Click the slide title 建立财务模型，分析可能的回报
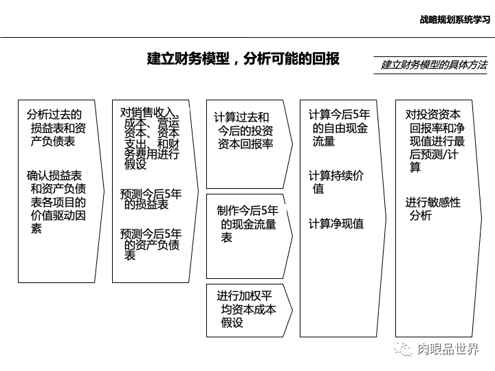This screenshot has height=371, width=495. point(243,59)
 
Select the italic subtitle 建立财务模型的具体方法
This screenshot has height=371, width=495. point(434,65)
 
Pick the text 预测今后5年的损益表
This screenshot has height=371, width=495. point(151,199)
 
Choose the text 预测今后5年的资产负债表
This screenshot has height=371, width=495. point(151,244)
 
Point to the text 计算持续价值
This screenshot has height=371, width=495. point(335,181)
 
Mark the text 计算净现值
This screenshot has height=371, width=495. point(336,223)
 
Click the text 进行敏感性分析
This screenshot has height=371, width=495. point(432,209)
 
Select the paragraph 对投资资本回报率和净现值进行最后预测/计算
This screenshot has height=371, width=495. point(434,141)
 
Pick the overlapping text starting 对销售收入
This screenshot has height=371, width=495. point(151,138)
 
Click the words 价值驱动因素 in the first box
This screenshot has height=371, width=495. point(58,221)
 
